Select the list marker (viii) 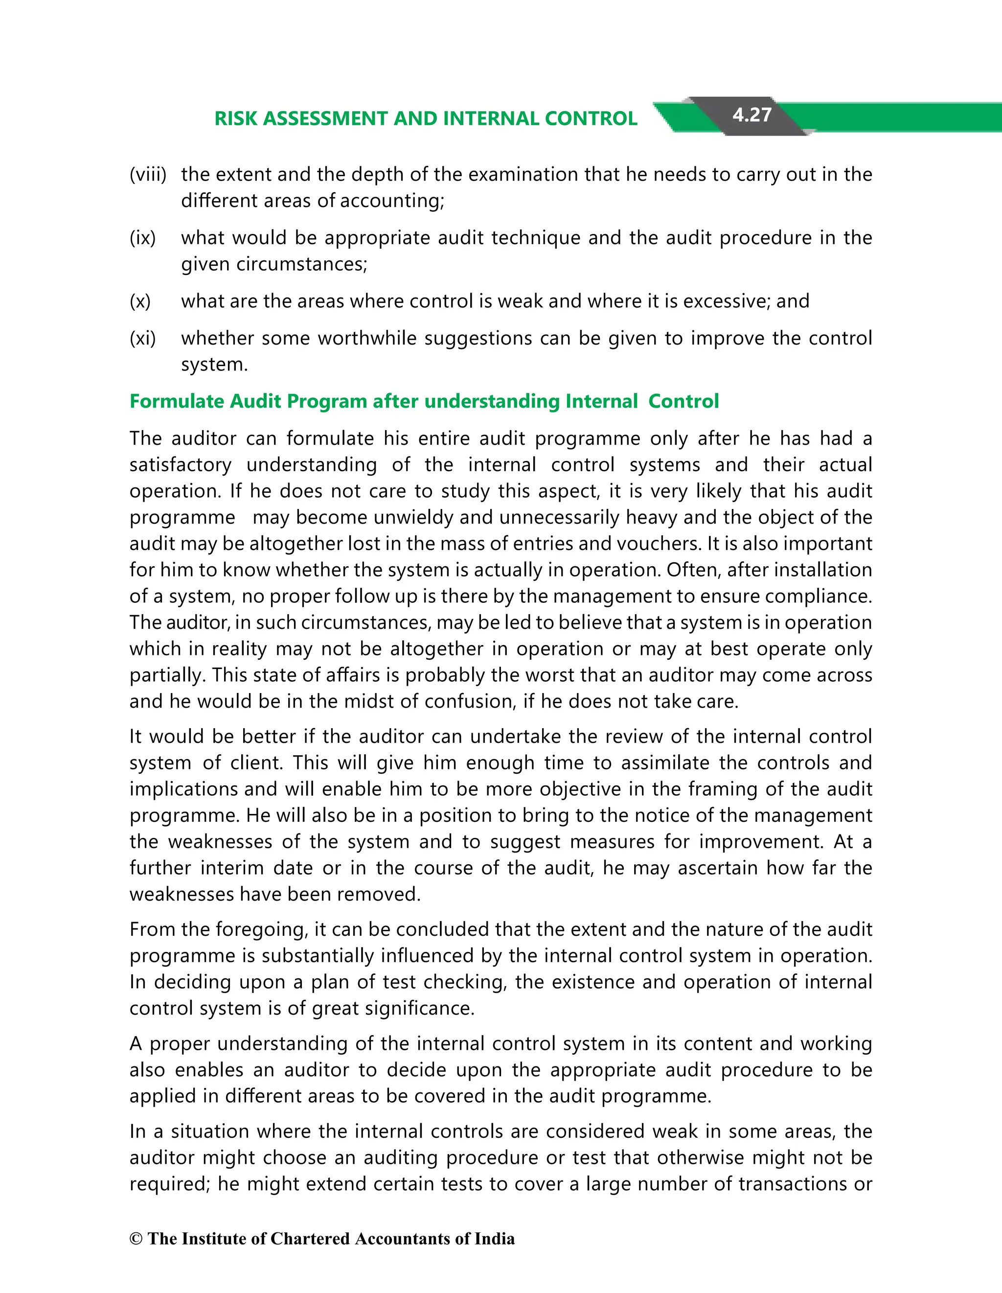148,175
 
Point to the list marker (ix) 143,238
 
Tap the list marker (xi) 143,339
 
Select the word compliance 818,596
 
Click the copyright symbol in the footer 136,1239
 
